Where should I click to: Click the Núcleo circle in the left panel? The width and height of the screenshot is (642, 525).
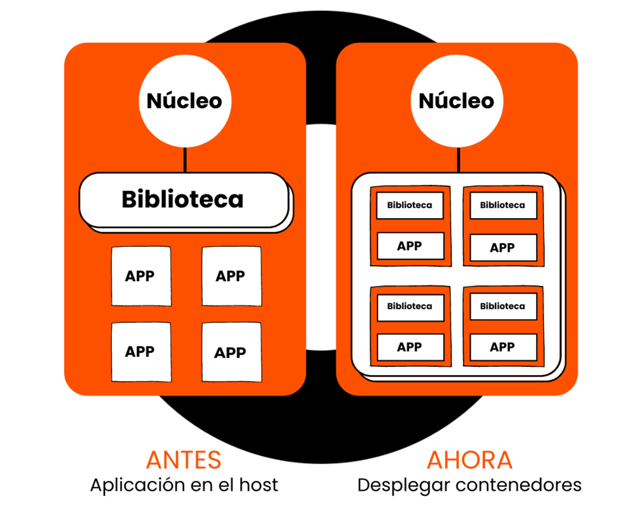click(x=185, y=101)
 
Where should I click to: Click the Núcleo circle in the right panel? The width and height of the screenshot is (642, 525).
click(x=457, y=101)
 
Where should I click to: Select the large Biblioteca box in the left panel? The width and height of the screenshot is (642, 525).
click(x=184, y=200)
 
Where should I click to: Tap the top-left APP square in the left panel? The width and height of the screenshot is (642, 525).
click(x=141, y=276)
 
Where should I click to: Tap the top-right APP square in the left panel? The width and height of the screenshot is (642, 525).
click(x=231, y=276)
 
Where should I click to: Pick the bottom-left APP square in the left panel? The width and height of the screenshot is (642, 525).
click(x=141, y=352)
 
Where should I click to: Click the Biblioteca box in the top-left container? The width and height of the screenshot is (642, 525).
click(x=410, y=205)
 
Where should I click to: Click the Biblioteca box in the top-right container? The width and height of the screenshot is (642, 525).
click(x=503, y=205)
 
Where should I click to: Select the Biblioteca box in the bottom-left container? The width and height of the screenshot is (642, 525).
click(x=410, y=307)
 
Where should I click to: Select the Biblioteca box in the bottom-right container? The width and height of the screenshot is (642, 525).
click(x=503, y=306)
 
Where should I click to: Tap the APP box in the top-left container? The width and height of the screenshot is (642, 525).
click(x=410, y=246)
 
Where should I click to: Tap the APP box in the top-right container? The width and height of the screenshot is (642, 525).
click(x=503, y=247)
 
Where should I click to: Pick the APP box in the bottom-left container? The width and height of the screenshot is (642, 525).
click(x=410, y=347)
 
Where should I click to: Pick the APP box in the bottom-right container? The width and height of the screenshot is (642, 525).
click(x=503, y=347)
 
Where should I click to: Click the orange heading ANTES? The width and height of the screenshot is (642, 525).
click(x=184, y=460)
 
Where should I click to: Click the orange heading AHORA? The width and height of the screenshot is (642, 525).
click(x=469, y=460)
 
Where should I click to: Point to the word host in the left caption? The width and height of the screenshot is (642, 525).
click(x=259, y=485)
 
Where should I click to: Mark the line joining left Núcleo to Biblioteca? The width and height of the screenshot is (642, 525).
click(x=185, y=160)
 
